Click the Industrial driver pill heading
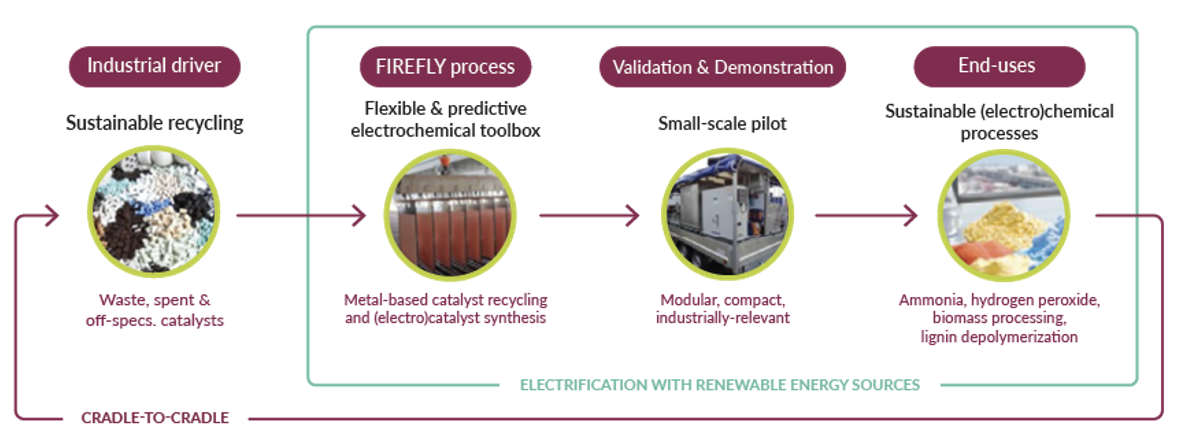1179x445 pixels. tap(155, 66)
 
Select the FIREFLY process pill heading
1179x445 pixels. tap(445, 66)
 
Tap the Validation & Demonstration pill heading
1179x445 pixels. tap(722, 66)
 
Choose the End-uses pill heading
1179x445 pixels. tap(999, 66)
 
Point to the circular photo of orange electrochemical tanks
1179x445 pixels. tap(450, 215)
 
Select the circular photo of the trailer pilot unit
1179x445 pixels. tap(727, 214)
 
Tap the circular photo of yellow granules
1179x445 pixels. tap(1004, 215)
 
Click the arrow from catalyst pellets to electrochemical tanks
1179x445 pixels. tap(301, 215)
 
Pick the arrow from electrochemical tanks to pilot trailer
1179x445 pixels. tap(589, 215)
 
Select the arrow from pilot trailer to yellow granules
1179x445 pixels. tap(866, 215)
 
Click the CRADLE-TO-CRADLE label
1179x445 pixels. tap(155, 418)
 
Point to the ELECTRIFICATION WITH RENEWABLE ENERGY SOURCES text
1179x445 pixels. tap(720, 385)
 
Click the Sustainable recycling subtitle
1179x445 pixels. tap(155, 123)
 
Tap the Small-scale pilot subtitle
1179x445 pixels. tap(722, 124)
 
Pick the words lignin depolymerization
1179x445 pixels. tap(999, 337)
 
